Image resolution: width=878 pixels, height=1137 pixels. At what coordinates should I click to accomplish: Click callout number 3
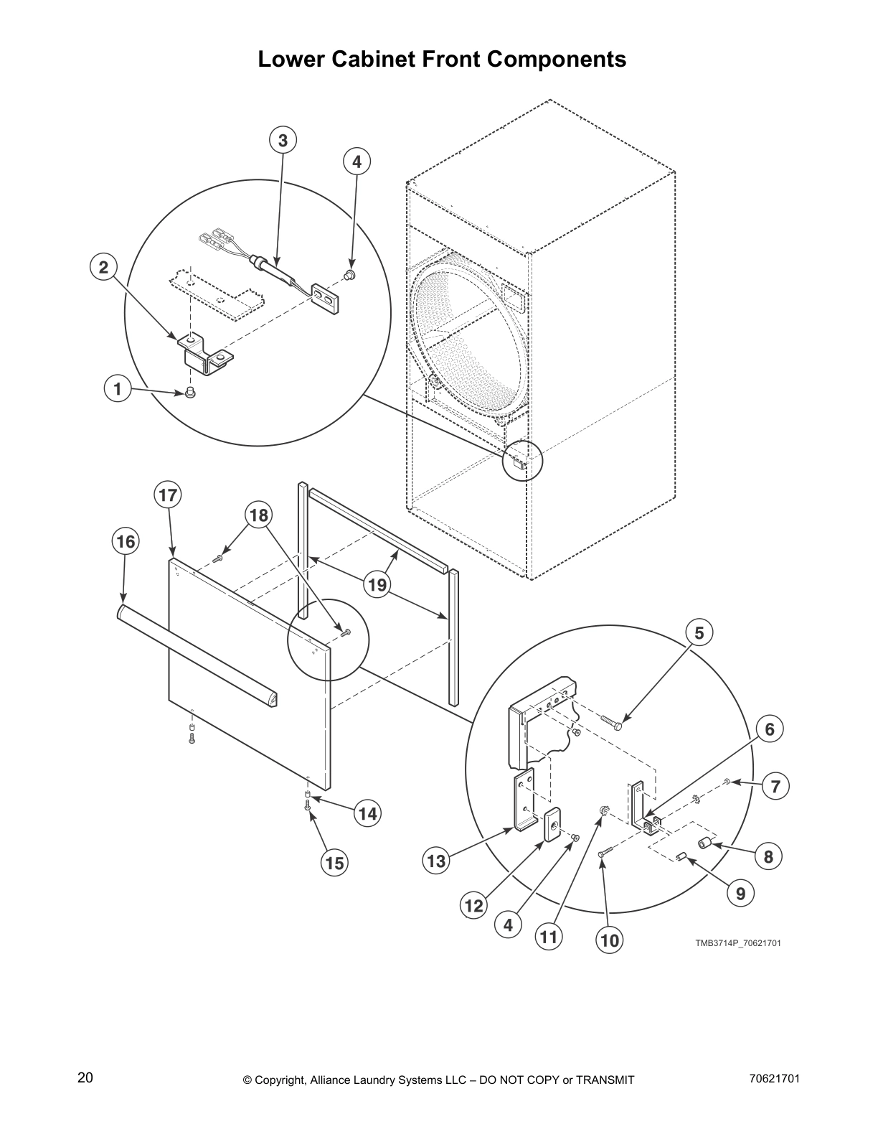pyautogui.click(x=283, y=141)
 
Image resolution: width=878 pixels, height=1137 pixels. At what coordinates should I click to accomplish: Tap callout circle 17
pyautogui.click(x=168, y=495)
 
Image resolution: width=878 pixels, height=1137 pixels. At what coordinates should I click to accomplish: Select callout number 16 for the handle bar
pyautogui.click(x=126, y=541)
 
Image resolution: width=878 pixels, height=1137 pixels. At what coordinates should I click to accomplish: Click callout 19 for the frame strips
pyautogui.click(x=377, y=585)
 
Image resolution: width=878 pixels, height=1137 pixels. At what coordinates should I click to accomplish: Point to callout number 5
pyautogui.click(x=699, y=632)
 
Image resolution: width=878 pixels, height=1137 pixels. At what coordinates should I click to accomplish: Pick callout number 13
pyautogui.click(x=437, y=860)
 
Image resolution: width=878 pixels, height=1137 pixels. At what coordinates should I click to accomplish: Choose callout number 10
pyautogui.click(x=610, y=940)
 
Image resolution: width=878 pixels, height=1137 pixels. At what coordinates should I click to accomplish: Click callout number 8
pyautogui.click(x=768, y=856)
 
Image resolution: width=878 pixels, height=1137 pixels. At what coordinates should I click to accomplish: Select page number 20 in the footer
pyautogui.click(x=85, y=1077)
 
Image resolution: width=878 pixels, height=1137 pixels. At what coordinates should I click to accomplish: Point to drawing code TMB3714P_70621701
pyautogui.click(x=737, y=942)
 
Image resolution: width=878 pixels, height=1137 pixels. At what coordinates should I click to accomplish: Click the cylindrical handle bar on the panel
pyautogui.click(x=197, y=655)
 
